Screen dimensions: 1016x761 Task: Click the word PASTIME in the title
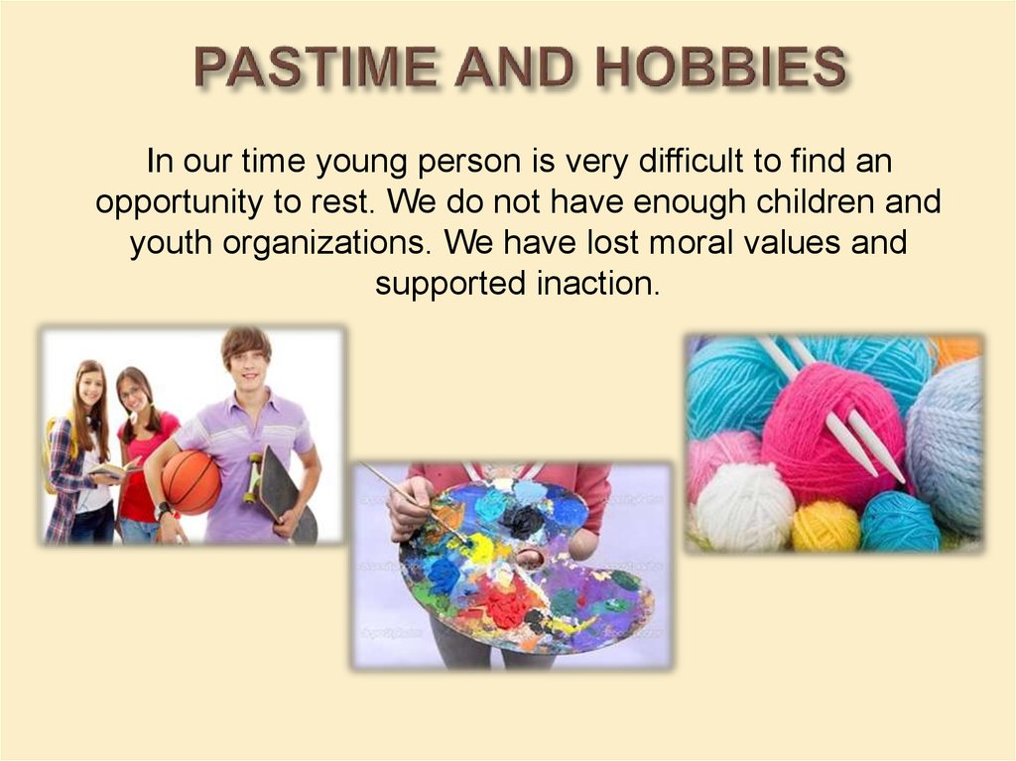tap(316, 66)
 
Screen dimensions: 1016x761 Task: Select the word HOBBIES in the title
tap(720, 66)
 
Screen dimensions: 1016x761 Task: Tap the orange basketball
tap(191, 482)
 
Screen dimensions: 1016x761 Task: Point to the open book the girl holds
tap(113, 469)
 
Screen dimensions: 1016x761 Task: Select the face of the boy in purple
tap(247, 367)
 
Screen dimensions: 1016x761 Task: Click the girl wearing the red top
tap(144, 453)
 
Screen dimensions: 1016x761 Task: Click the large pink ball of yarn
tap(833, 427)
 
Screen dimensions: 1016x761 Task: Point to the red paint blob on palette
tap(510, 604)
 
